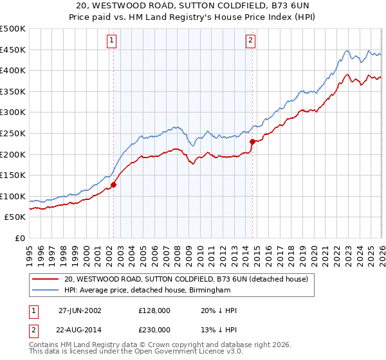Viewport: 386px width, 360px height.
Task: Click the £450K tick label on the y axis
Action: coord(13,50)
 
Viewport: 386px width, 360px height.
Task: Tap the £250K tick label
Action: coord(13,134)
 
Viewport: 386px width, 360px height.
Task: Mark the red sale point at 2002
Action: coord(114,184)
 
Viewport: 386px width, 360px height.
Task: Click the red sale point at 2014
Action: coord(252,141)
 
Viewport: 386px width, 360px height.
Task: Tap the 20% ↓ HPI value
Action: coord(219,310)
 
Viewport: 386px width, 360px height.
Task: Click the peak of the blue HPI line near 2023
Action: coord(346,51)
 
